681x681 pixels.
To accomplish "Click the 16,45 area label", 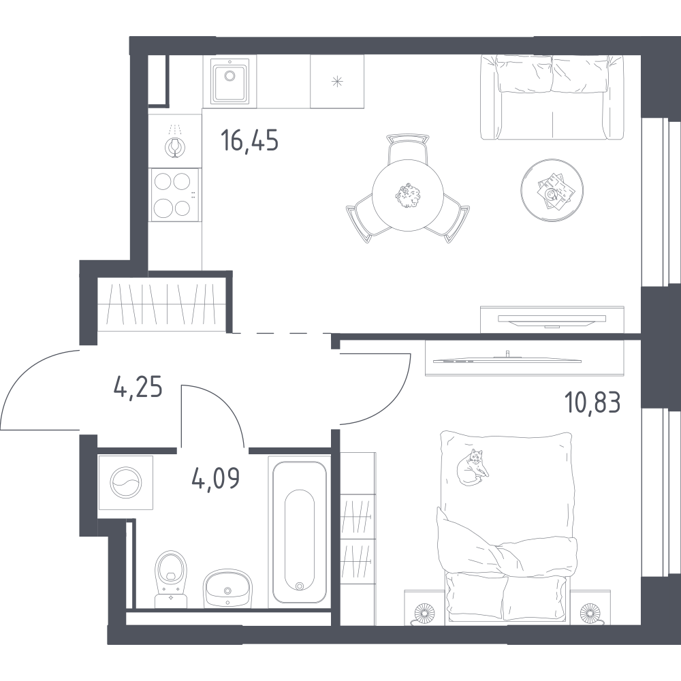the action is [x=250, y=140].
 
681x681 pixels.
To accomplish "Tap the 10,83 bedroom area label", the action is [x=592, y=402].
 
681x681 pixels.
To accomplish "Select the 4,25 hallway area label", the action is [x=138, y=387].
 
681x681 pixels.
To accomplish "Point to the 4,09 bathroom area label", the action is [x=216, y=478].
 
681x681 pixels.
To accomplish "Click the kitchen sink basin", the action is [x=229, y=81].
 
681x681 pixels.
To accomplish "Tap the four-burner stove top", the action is [x=174, y=194].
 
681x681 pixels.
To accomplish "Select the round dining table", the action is [x=407, y=195].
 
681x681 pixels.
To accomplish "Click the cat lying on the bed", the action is [x=472, y=467].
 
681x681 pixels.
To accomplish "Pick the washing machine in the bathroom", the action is [x=125, y=483].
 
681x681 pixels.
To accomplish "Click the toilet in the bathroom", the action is [x=171, y=579].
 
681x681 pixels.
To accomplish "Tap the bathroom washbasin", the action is [x=227, y=588].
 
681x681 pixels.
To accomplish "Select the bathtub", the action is [x=299, y=528].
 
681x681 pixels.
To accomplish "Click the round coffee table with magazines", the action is [x=552, y=190].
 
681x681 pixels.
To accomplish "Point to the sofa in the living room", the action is [x=552, y=97].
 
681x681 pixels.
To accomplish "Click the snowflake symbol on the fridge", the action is [x=337, y=81].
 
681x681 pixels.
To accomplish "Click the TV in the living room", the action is [x=552, y=319].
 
